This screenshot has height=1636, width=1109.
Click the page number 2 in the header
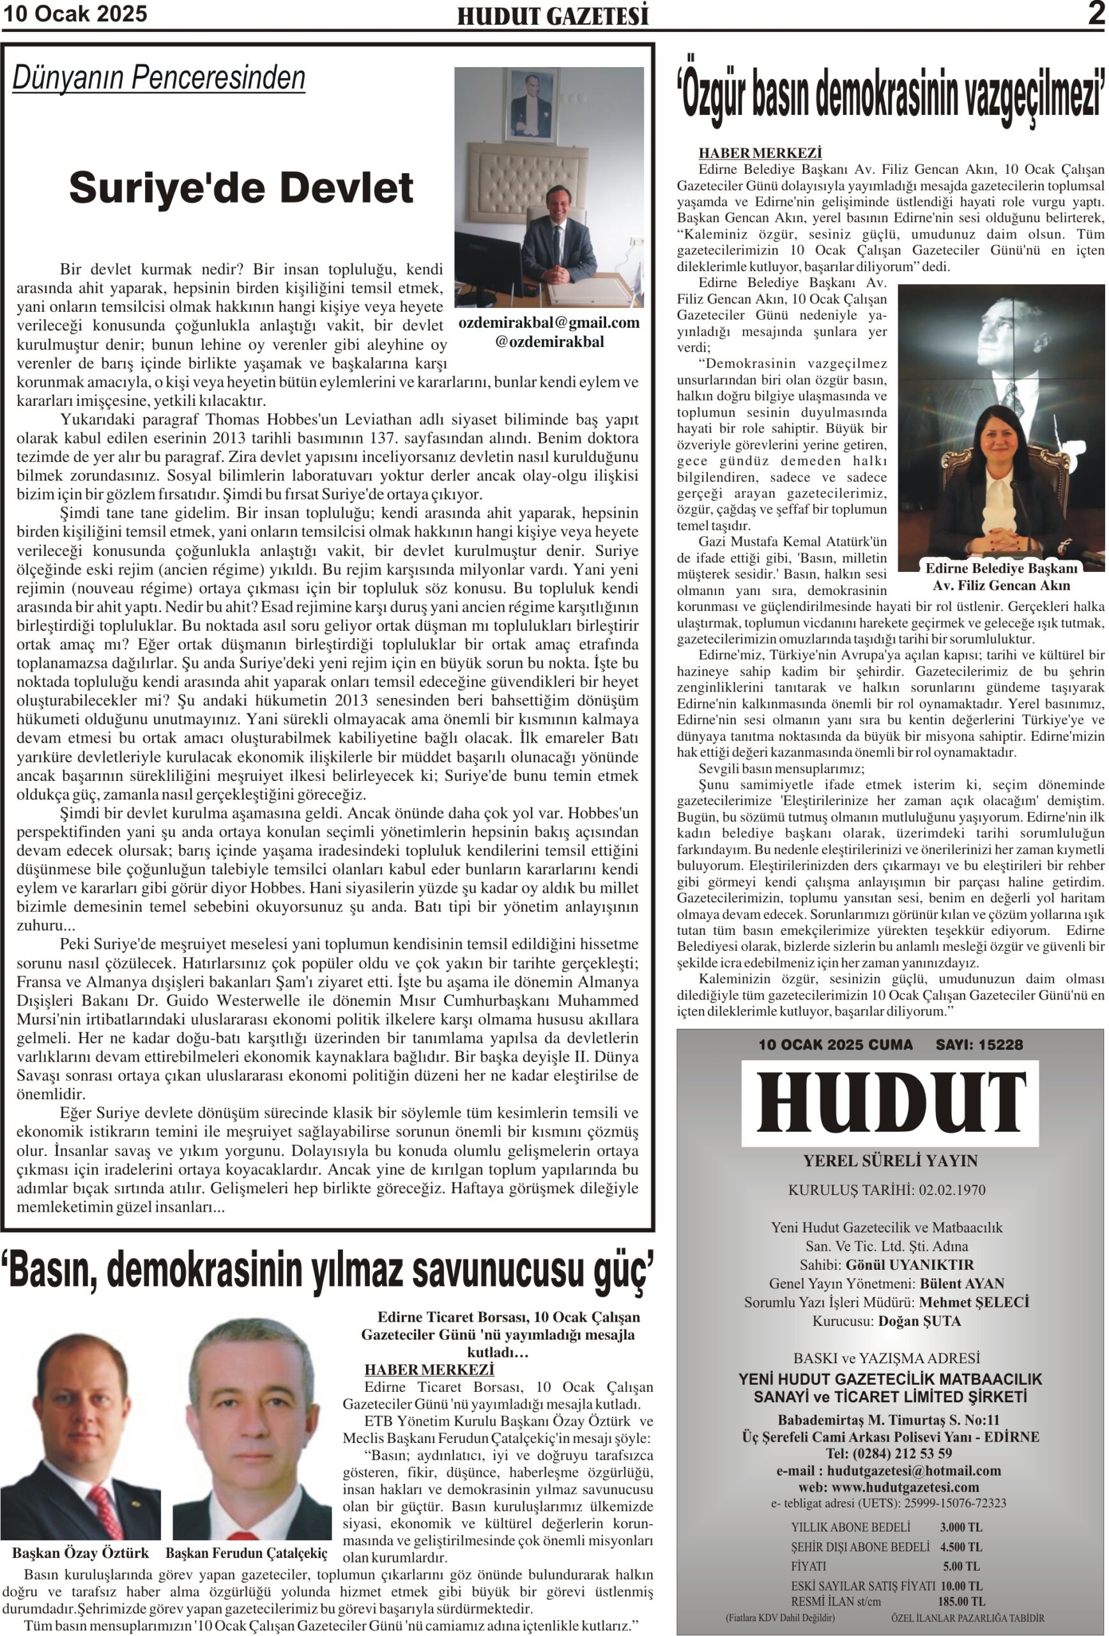(1096, 14)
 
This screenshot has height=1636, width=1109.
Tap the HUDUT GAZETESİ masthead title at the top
(553, 16)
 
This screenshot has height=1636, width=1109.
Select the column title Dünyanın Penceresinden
(159, 78)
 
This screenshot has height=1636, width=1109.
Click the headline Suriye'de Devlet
(241, 188)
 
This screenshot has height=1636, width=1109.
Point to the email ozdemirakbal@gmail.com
(549, 323)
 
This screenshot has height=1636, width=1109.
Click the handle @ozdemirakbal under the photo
(549, 342)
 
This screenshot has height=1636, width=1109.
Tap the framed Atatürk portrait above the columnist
(532, 104)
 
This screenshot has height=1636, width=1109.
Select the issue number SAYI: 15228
(979, 1045)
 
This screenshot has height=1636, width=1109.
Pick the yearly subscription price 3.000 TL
(961, 1527)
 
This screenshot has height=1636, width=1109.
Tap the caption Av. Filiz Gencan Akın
(1000, 585)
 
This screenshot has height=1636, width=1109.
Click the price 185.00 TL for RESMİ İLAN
(961, 1601)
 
